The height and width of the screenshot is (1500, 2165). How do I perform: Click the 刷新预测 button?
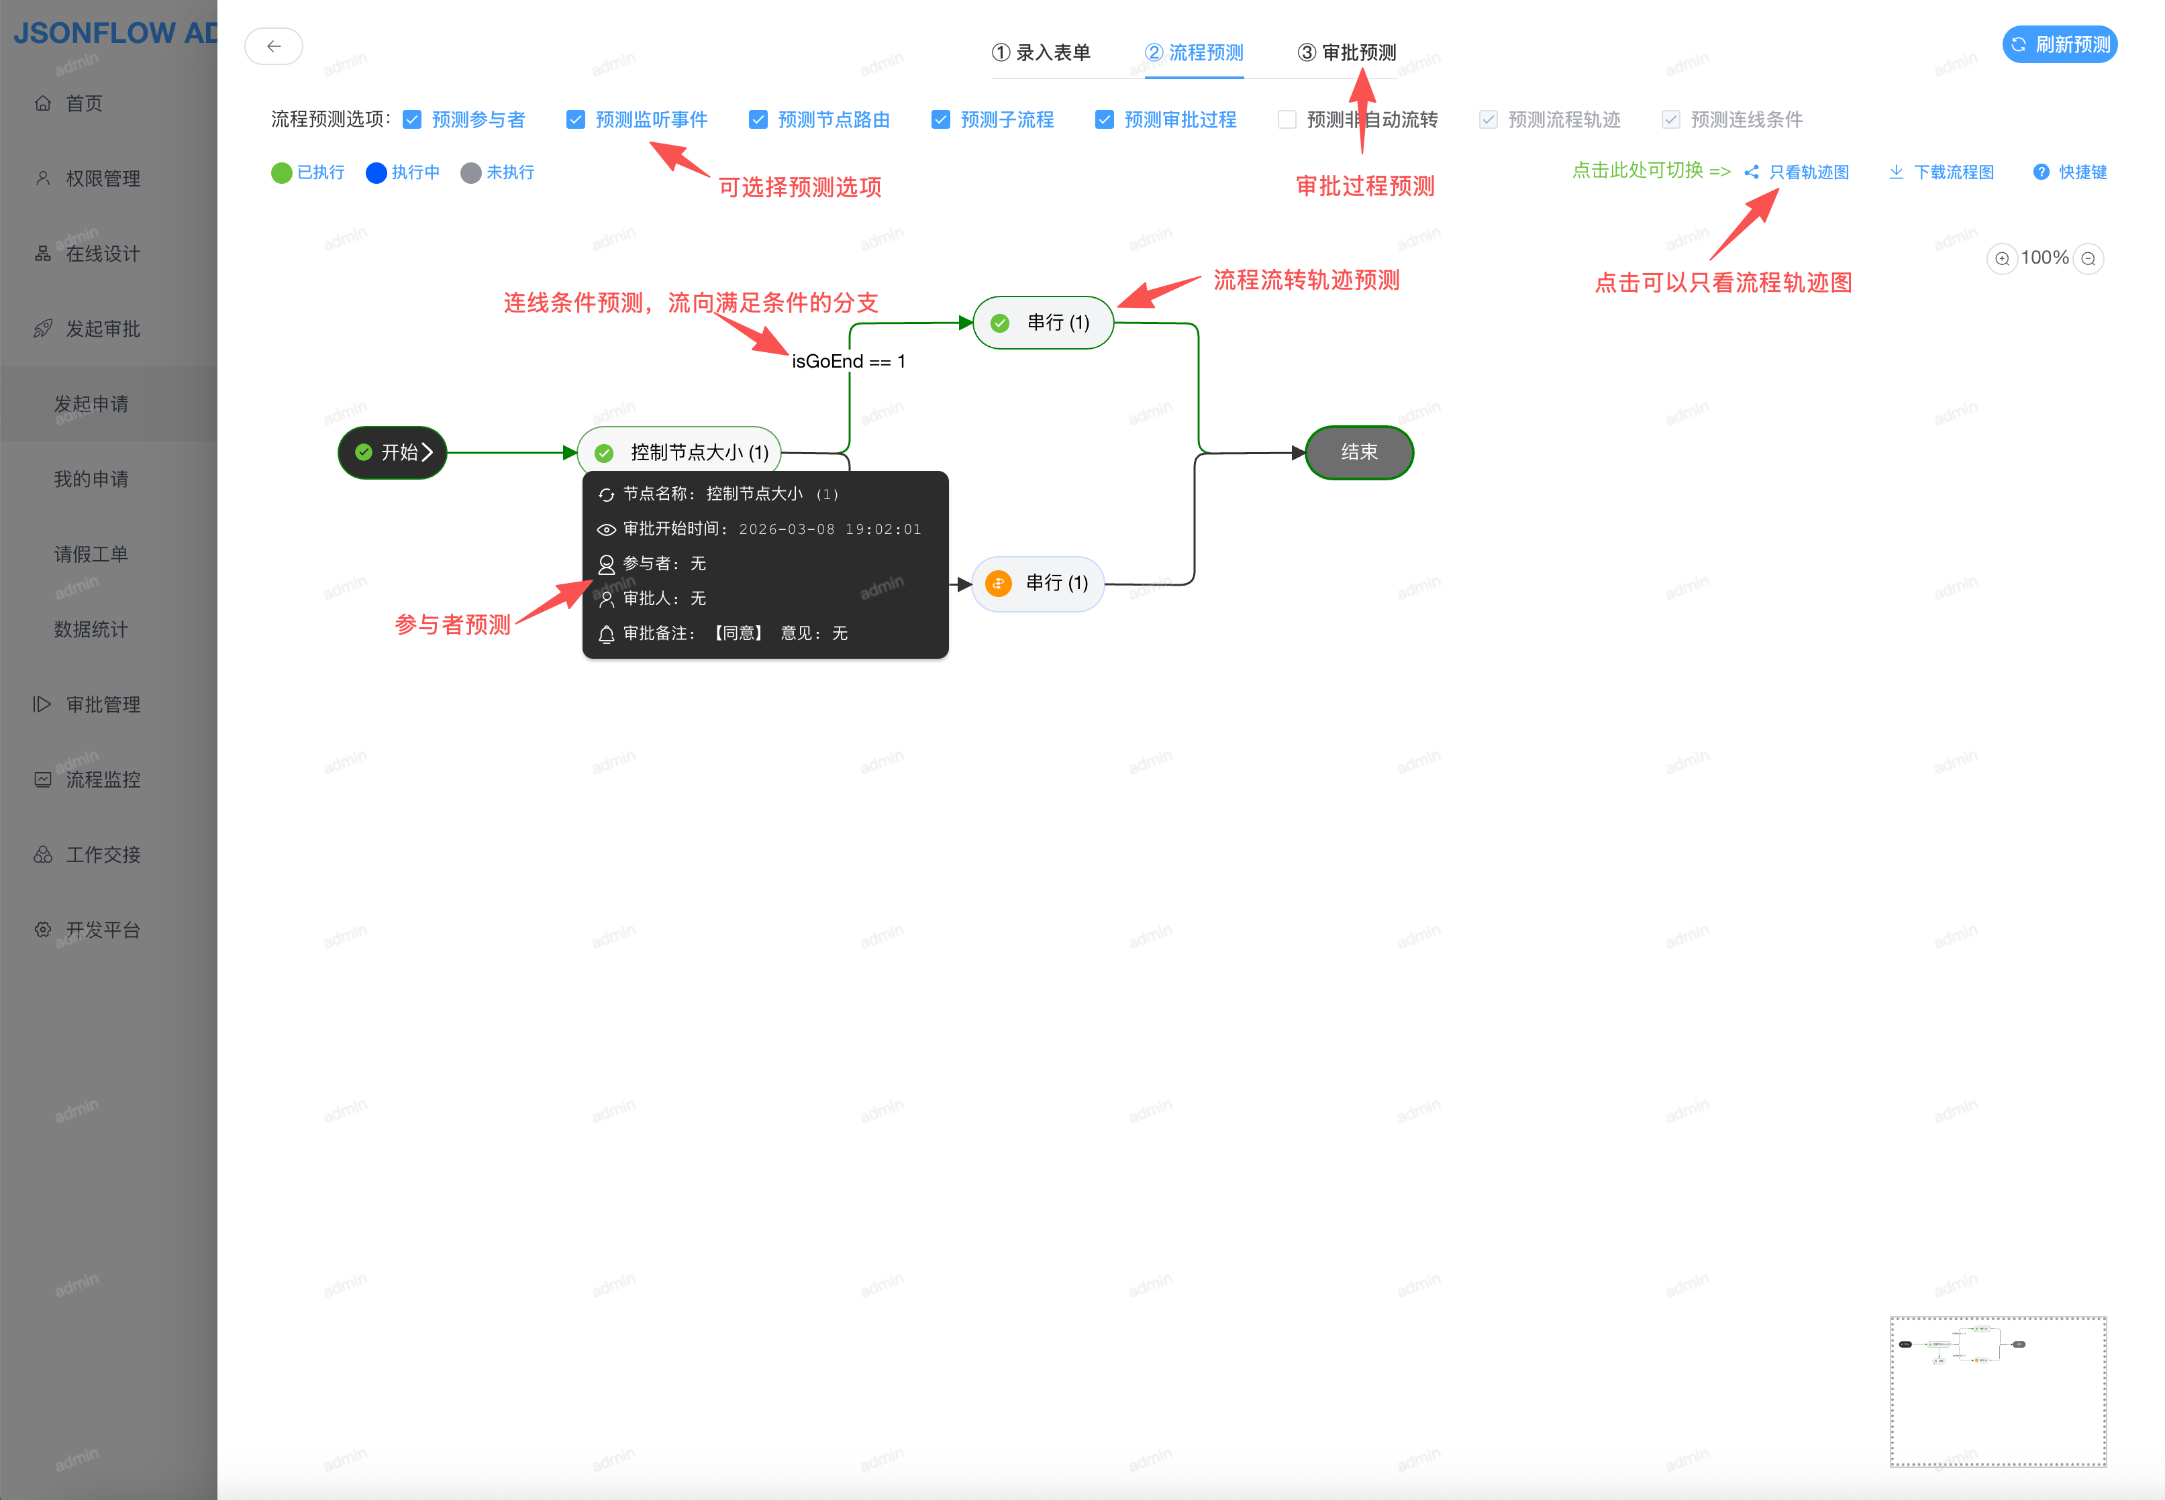click(2059, 45)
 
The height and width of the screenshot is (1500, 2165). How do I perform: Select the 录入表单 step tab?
click(1041, 52)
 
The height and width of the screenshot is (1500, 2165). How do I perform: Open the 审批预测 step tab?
click(1346, 52)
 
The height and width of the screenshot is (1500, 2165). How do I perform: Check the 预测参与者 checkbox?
click(412, 119)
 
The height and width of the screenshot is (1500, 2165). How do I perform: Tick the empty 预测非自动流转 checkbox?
click(1287, 119)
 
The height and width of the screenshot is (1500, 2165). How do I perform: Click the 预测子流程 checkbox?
click(940, 119)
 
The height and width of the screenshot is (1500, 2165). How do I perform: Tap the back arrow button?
click(274, 46)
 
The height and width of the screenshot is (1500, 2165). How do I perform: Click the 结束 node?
click(1358, 452)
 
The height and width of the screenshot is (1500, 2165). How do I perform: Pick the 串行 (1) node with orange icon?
click(1038, 584)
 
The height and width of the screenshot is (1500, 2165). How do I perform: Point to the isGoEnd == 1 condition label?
click(848, 362)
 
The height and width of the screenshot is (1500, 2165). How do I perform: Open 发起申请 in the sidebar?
click(91, 404)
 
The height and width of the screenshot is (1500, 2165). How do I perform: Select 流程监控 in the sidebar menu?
click(103, 779)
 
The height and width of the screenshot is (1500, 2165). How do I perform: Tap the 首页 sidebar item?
click(84, 103)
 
